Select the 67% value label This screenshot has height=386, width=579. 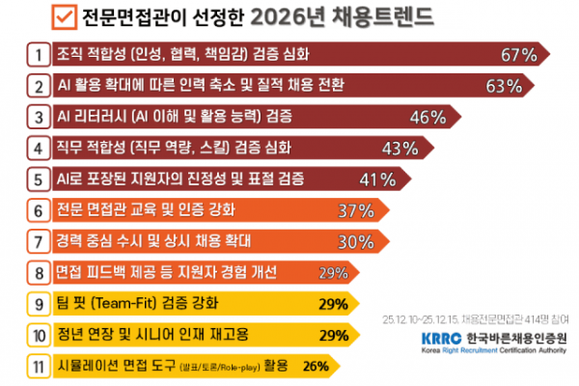(x=516, y=54)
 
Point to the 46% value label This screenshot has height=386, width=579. (x=427, y=118)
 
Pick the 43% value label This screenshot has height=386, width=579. (x=399, y=149)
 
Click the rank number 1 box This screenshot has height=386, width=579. (x=38, y=54)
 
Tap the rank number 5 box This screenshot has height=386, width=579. (x=38, y=179)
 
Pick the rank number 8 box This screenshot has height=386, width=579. (x=38, y=273)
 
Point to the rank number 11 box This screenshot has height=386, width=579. (x=38, y=366)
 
